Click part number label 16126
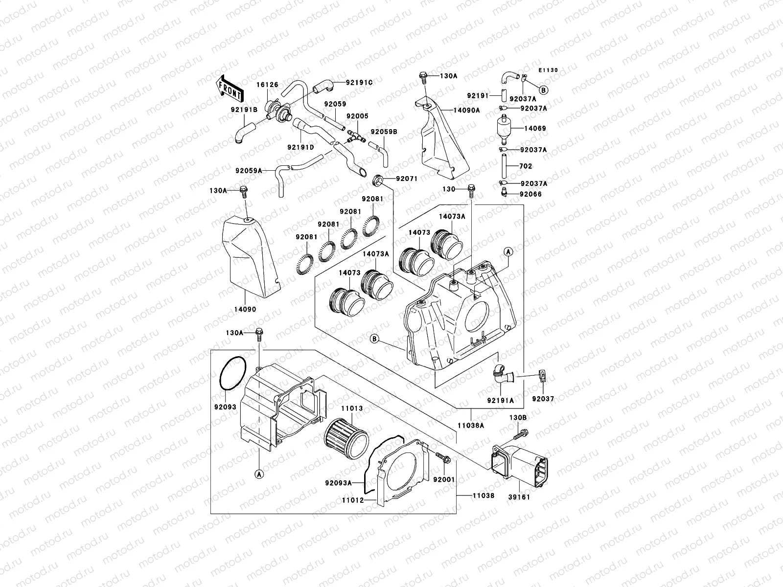tap(268, 85)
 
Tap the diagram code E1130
tap(548, 70)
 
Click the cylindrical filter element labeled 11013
tap(345, 437)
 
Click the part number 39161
tap(519, 496)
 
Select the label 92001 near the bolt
tap(444, 479)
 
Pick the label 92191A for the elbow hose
tap(500, 400)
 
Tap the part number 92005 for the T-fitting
tap(357, 116)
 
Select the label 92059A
tap(249, 171)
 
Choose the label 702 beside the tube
tap(525, 166)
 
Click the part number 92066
tap(530, 194)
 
